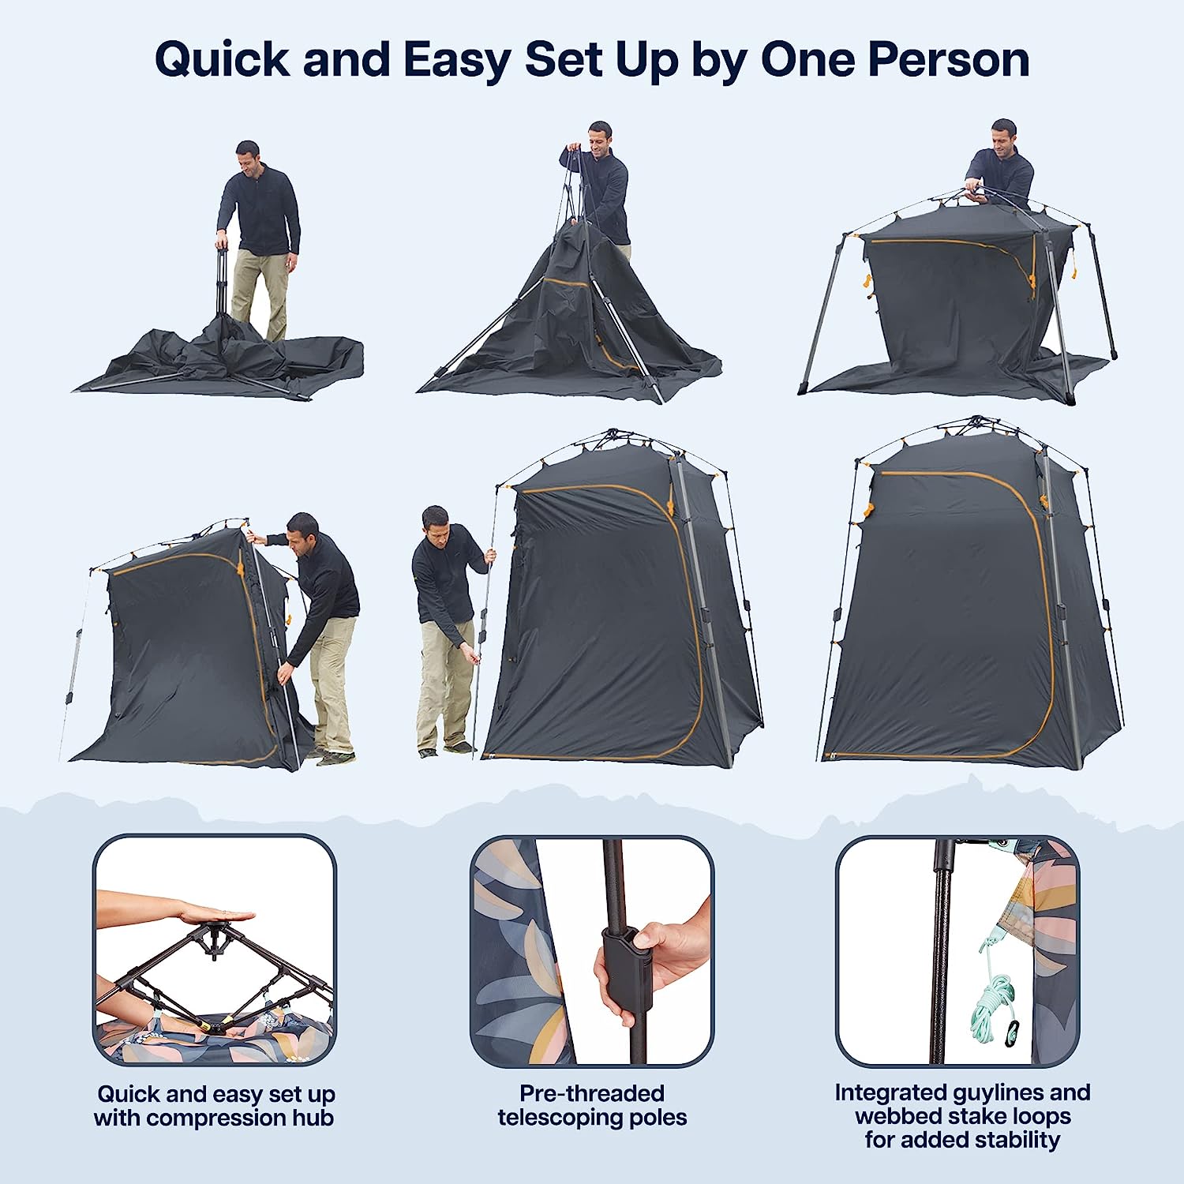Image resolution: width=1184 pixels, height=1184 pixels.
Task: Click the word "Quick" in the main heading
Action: [223, 60]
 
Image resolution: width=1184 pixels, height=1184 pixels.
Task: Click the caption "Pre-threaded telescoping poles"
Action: [592, 1105]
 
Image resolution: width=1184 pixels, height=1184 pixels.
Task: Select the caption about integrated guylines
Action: [962, 1115]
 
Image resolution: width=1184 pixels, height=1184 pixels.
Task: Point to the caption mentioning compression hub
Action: [214, 1106]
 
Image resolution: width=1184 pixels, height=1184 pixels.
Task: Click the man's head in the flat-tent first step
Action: [247, 155]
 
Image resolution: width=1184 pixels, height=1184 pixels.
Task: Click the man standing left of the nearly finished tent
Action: [446, 624]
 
